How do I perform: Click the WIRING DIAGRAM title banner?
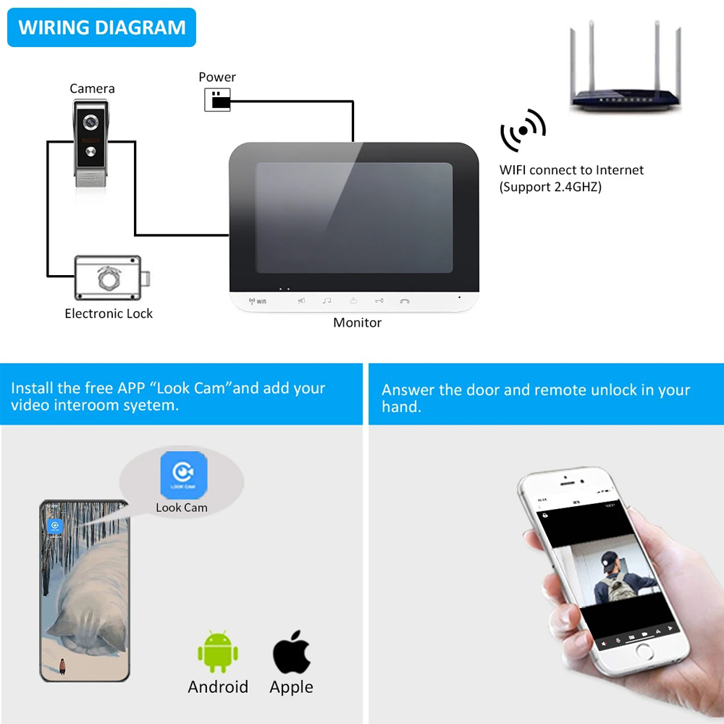(x=102, y=28)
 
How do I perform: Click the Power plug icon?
(x=217, y=100)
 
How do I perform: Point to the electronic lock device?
(x=112, y=278)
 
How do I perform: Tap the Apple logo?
(x=292, y=652)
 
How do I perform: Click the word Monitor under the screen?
(x=357, y=323)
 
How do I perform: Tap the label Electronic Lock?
(x=109, y=313)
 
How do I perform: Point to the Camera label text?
(x=92, y=88)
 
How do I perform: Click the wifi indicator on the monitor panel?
(x=258, y=300)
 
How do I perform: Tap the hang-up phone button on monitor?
(x=405, y=300)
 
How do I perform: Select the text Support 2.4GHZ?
(x=550, y=187)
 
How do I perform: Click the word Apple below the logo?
(x=292, y=687)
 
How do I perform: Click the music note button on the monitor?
(x=327, y=300)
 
